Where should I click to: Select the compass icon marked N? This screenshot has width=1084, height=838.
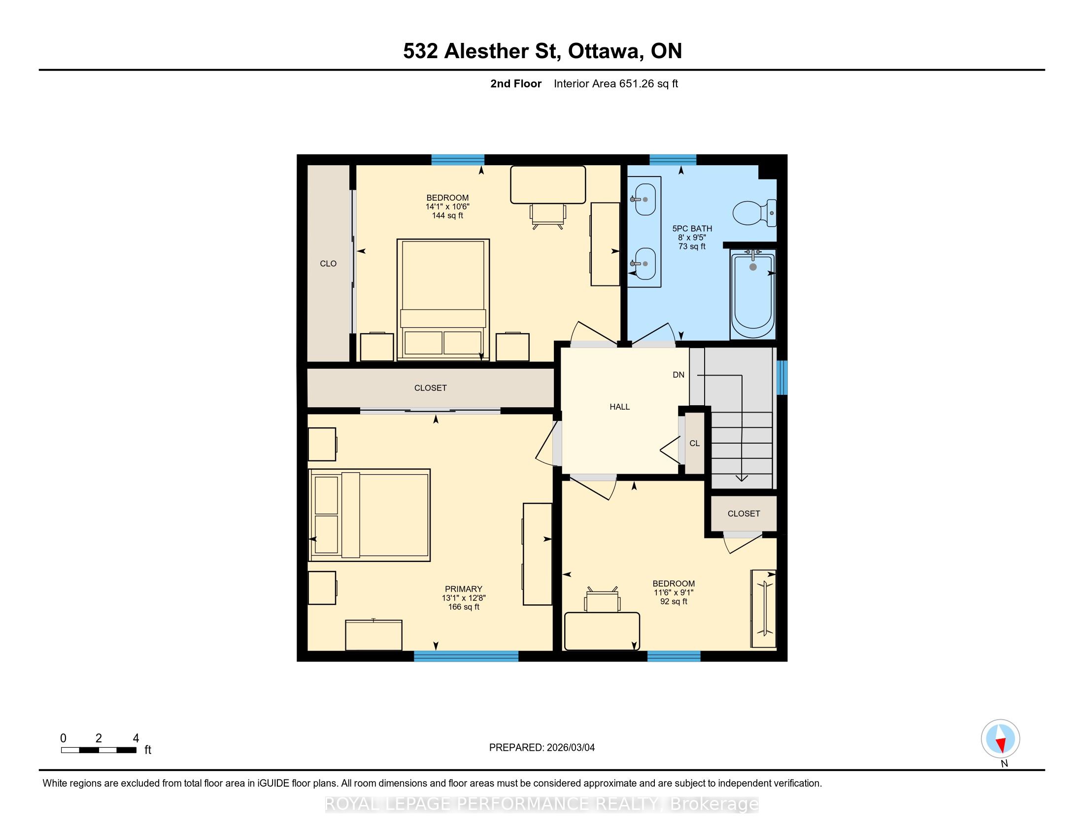coord(1000,739)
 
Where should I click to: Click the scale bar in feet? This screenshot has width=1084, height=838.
coord(99,750)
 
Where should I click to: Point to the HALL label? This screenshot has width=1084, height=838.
coord(619,407)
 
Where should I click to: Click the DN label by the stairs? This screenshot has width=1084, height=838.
coord(678,375)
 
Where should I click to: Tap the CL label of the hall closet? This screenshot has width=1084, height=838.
coord(694,443)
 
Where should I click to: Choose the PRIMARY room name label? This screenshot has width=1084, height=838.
coord(464,589)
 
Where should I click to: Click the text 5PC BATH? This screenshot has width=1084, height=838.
coord(692,229)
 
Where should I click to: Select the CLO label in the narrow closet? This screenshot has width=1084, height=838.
coord(328,264)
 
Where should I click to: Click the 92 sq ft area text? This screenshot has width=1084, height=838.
coord(674,602)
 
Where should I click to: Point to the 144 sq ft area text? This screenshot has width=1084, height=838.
coord(447,215)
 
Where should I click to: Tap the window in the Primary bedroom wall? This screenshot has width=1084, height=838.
coord(466,656)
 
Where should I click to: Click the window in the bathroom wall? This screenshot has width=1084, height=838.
coord(673,159)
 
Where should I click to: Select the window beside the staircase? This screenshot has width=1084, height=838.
coord(782,377)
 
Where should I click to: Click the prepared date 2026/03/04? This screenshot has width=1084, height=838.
coord(570,748)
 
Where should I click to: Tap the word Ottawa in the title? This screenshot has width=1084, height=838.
coord(604,51)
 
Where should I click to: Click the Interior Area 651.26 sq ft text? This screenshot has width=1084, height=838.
coord(615,84)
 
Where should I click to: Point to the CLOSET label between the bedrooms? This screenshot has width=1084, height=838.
coord(430,388)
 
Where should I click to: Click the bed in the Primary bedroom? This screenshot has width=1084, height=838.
coord(369,515)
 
